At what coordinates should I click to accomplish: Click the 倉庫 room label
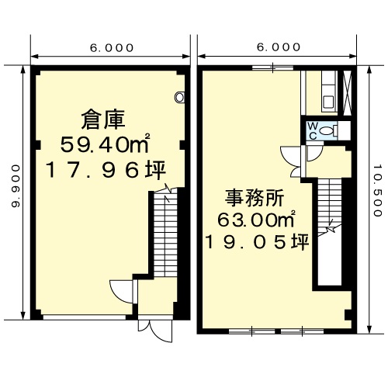pos(103,120)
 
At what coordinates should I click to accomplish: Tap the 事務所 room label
pos(255,198)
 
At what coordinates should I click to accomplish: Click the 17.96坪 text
pos(106,170)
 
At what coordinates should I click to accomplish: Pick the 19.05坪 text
pos(257,242)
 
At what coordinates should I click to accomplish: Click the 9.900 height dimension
pos(16,186)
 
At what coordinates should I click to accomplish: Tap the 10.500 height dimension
pos(377,190)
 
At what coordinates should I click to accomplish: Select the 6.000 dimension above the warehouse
pos(112,48)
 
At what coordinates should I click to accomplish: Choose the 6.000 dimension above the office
pos(279,47)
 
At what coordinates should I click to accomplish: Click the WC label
pos(313,131)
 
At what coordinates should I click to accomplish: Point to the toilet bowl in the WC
pos(328,130)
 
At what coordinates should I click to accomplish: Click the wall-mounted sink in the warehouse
pos(180,98)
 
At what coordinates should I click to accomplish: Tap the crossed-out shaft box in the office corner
pos(347,93)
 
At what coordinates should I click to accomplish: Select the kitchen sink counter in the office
pos(329,92)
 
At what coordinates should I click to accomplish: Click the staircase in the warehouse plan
pos(165,233)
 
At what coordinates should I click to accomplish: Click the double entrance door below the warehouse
pos(155,331)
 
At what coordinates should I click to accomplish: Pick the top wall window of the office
pos(272,68)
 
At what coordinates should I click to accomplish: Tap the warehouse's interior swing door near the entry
pos(122,292)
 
